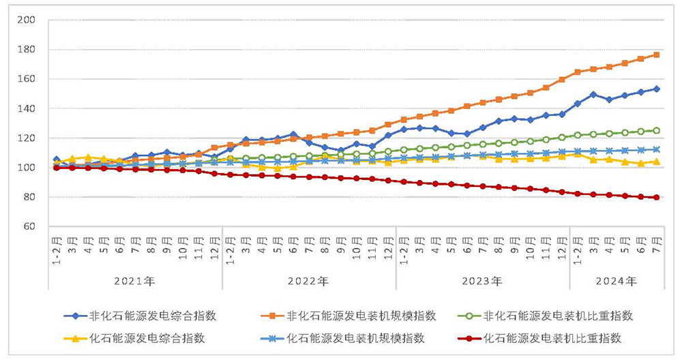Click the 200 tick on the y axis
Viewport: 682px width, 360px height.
point(27,20)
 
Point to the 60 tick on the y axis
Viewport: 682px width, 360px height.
point(29,226)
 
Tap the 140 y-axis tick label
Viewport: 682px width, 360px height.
point(27,109)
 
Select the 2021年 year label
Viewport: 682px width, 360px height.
point(135,281)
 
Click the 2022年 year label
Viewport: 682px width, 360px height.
point(309,281)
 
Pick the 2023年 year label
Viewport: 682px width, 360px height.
point(483,281)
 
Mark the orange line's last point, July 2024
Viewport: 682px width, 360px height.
point(656,55)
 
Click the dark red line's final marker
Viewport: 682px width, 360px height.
point(656,198)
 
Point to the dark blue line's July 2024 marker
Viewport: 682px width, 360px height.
point(656,89)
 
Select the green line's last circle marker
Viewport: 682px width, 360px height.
point(656,130)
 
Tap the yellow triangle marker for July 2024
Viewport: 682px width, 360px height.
point(656,162)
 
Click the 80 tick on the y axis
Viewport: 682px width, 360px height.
point(29,197)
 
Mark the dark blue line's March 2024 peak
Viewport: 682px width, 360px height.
point(593,95)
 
